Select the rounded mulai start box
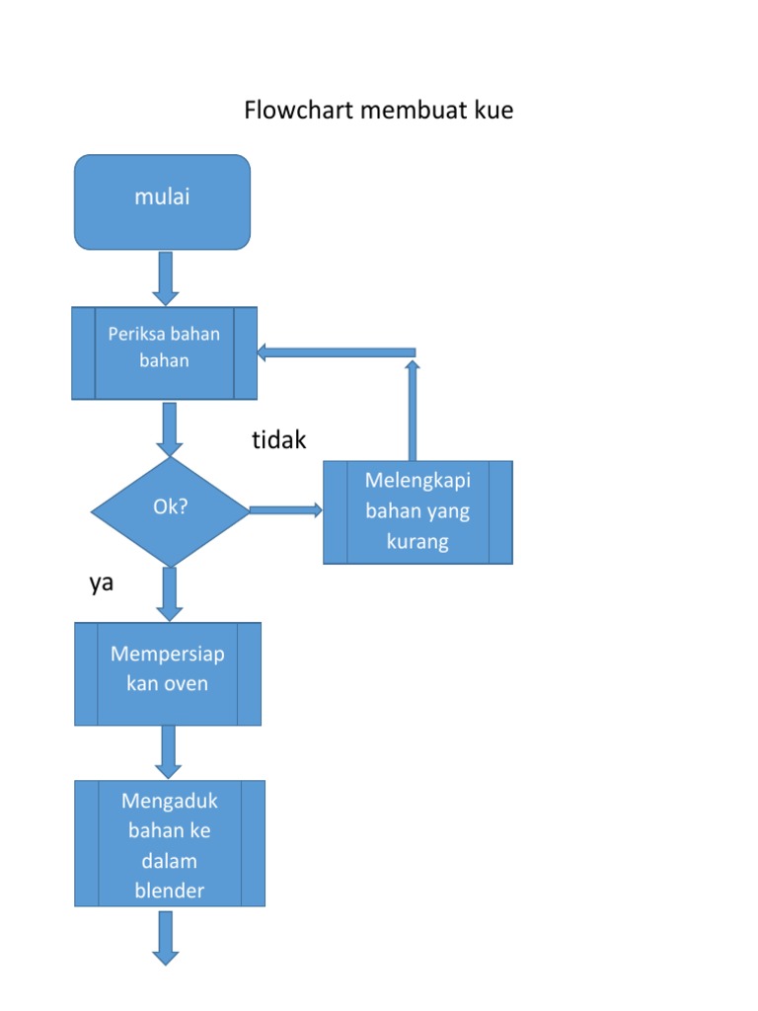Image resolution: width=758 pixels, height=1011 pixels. coord(163,201)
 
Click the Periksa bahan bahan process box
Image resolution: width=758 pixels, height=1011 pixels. coord(164,352)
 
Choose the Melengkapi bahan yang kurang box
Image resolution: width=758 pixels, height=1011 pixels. coord(417,511)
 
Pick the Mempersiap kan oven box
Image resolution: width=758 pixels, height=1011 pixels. coord(168,673)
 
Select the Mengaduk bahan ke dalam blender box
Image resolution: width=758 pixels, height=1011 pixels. coord(170,843)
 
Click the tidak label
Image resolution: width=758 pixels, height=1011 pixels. coord(279,440)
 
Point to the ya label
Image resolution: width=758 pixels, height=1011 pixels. coord(102,583)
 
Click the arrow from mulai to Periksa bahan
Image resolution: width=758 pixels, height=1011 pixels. coord(166,277)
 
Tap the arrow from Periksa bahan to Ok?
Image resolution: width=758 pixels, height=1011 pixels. coord(170,428)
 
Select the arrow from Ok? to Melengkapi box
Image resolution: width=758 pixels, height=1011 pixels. coord(286,510)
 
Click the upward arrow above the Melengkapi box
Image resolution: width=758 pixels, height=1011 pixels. coord(413,410)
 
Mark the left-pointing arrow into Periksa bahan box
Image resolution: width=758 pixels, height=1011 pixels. coord(336,352)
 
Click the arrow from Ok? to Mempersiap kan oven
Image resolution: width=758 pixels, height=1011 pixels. coord(170,594)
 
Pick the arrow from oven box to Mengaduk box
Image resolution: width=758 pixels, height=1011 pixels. coord(169,752)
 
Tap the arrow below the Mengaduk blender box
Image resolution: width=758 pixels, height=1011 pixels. coord(166,936)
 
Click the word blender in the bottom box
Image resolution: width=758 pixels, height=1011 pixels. coord(169,891)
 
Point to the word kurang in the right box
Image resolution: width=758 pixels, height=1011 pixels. coord(417,542)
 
